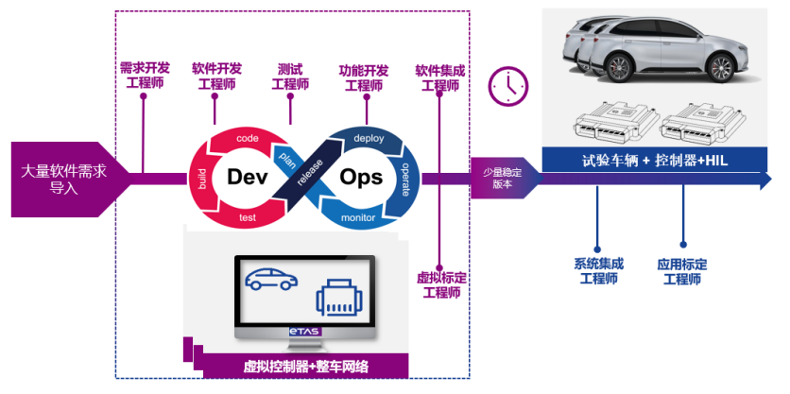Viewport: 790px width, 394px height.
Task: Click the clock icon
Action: tap(507, 85)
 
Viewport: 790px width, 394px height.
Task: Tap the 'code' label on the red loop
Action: tap(248, 138)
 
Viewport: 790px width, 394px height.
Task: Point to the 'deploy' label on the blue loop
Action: tap(368, 138)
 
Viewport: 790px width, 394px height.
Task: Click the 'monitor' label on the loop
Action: tap(358, 218)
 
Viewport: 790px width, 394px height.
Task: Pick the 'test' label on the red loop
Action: tap(248, 218)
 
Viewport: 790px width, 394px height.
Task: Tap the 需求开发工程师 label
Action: tap(144, 77)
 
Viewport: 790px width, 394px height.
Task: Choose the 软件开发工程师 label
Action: tap(216, 77)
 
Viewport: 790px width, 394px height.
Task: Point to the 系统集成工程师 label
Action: tap(598, 271)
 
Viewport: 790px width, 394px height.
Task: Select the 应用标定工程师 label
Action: tap(681, 271)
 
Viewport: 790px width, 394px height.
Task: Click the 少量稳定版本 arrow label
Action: tap(504, 178)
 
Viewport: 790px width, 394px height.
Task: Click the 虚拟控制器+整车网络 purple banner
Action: tap(305, 366)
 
